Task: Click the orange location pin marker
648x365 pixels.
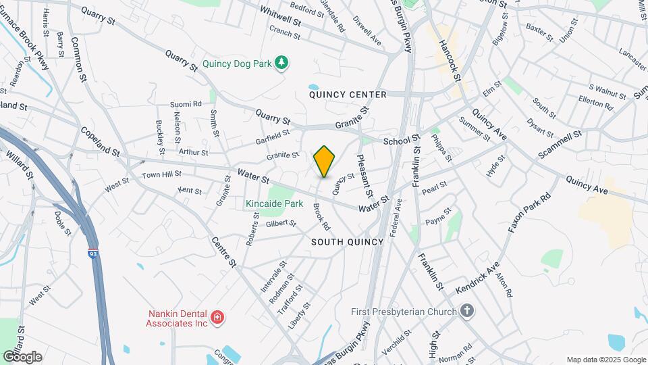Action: click(x=324, y=162)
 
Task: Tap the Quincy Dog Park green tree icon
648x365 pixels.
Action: click(x=283, y=63)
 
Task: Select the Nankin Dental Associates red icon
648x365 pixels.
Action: click(x=217, y=317)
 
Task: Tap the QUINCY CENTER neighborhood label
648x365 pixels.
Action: click(x=348, y=95)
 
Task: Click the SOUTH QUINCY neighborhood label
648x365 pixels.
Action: click(x=347, y=242)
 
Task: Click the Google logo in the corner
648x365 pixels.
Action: click(x=22, y=356)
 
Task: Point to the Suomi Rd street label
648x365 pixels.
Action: click(x=186, y=104)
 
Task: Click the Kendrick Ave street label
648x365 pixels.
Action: click(x=477, y=277)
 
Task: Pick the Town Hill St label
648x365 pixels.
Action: click(x=161, y=176)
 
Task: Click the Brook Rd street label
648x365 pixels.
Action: click(x=321, y=216)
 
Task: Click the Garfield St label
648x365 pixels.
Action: click(x=273, y=138)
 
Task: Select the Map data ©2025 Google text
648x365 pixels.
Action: click(x=606, y=360)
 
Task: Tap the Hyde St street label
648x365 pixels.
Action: click(x=496, y=166)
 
